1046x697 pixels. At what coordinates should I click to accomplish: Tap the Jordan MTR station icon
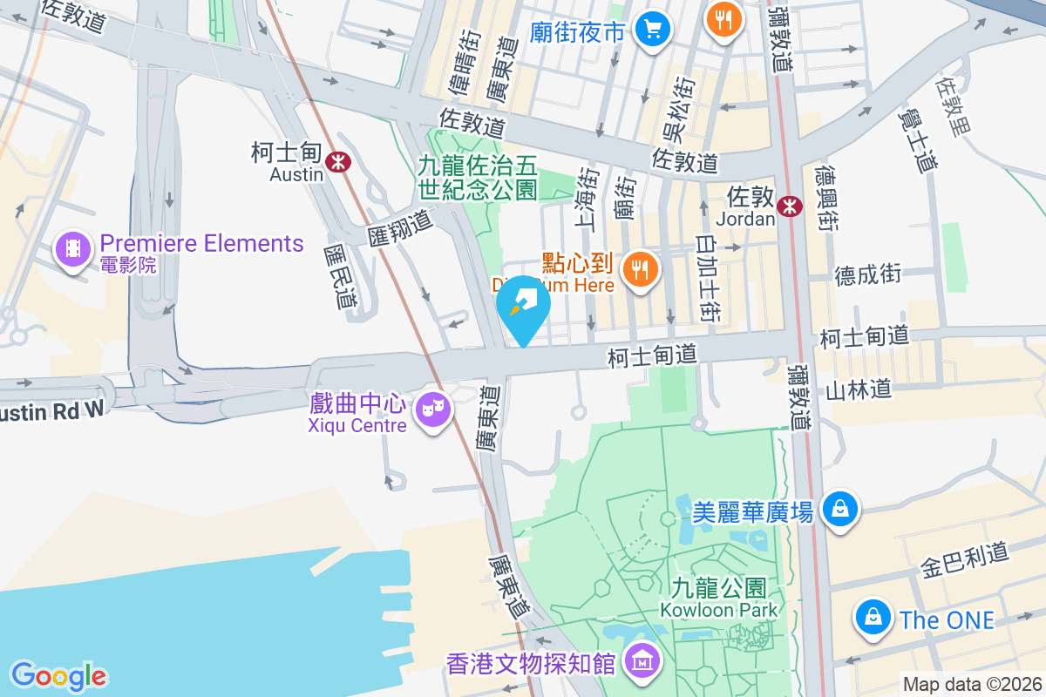790,206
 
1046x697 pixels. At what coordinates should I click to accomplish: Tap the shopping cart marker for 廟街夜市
652,30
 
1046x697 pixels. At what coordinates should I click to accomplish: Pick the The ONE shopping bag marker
872,617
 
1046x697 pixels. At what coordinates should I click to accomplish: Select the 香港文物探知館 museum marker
642,662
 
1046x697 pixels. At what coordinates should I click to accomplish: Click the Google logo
58,675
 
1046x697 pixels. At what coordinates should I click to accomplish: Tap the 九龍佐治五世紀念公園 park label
478,175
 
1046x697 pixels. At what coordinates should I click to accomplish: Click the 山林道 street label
859,389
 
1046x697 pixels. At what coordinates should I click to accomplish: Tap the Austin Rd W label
51,410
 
